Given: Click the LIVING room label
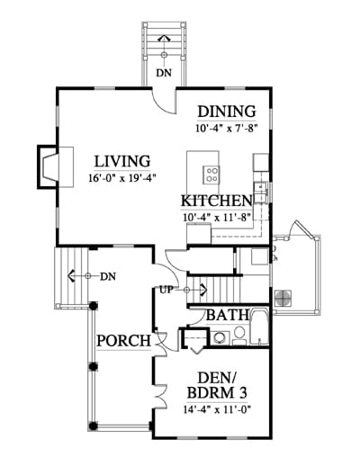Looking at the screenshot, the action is point(122,161).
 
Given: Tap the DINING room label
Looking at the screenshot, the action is point(227,112).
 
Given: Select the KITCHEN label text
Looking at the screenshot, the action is point(216,201).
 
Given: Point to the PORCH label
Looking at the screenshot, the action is point(123,341).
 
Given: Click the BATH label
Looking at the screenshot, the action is point(228,315).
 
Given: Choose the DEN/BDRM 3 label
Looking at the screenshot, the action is point(217,385).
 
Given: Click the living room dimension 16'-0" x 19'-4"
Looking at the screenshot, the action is point(122,178).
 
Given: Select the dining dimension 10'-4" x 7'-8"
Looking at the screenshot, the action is point(227,129).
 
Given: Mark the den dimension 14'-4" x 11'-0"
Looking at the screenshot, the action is point(217,409).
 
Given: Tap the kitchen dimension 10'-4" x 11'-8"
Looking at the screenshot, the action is point(217,217).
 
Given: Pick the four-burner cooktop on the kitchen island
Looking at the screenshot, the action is point(211,175).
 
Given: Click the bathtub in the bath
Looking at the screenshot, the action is point(259,327).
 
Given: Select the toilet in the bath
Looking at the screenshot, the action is point(239,336).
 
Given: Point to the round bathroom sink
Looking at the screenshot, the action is point(219,337).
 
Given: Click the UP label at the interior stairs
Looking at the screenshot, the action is point(166,290).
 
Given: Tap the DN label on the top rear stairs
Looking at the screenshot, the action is point(164,73).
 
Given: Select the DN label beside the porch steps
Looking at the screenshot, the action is point(108,276).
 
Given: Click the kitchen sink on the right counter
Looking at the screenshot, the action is point(260,193).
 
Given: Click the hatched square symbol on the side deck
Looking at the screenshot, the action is point(283,298).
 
